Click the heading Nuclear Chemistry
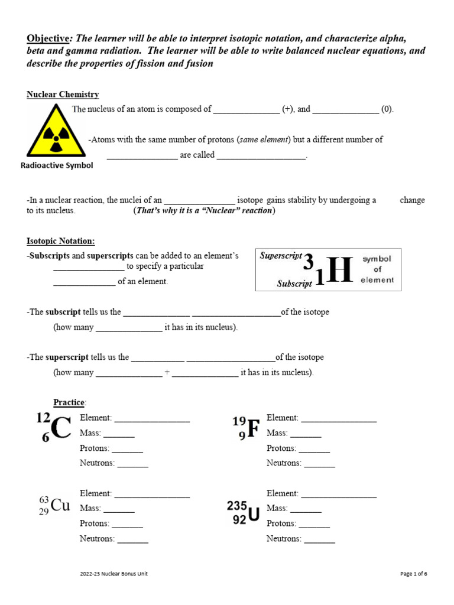tap(63, 95)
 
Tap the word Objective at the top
tap(48, 38)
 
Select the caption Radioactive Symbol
tap(57, 165)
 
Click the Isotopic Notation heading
tap(60, 241)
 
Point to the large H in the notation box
tap(339, 269)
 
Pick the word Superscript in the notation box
tap(281, 255)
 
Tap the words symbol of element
tap(377, 269)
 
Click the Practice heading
tap(69, 402)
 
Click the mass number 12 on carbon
tap(43, 418)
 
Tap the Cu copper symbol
tap(60, 506)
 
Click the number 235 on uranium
tap(237, 506)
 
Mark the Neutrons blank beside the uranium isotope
tap(319, 541)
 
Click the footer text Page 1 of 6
tap(413, 574)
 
